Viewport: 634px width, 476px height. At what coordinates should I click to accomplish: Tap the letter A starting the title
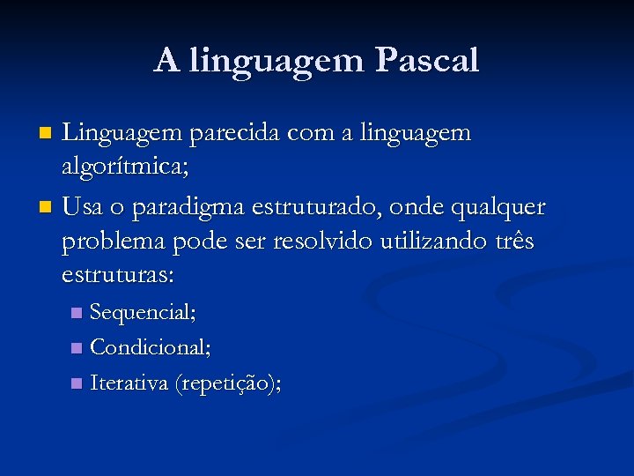click(166, 60)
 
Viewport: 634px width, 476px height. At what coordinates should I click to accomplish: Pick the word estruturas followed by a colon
click(118, 275)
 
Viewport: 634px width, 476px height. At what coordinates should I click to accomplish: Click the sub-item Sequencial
click(143, 313)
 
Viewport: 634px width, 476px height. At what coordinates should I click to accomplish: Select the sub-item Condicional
click(151, 348)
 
